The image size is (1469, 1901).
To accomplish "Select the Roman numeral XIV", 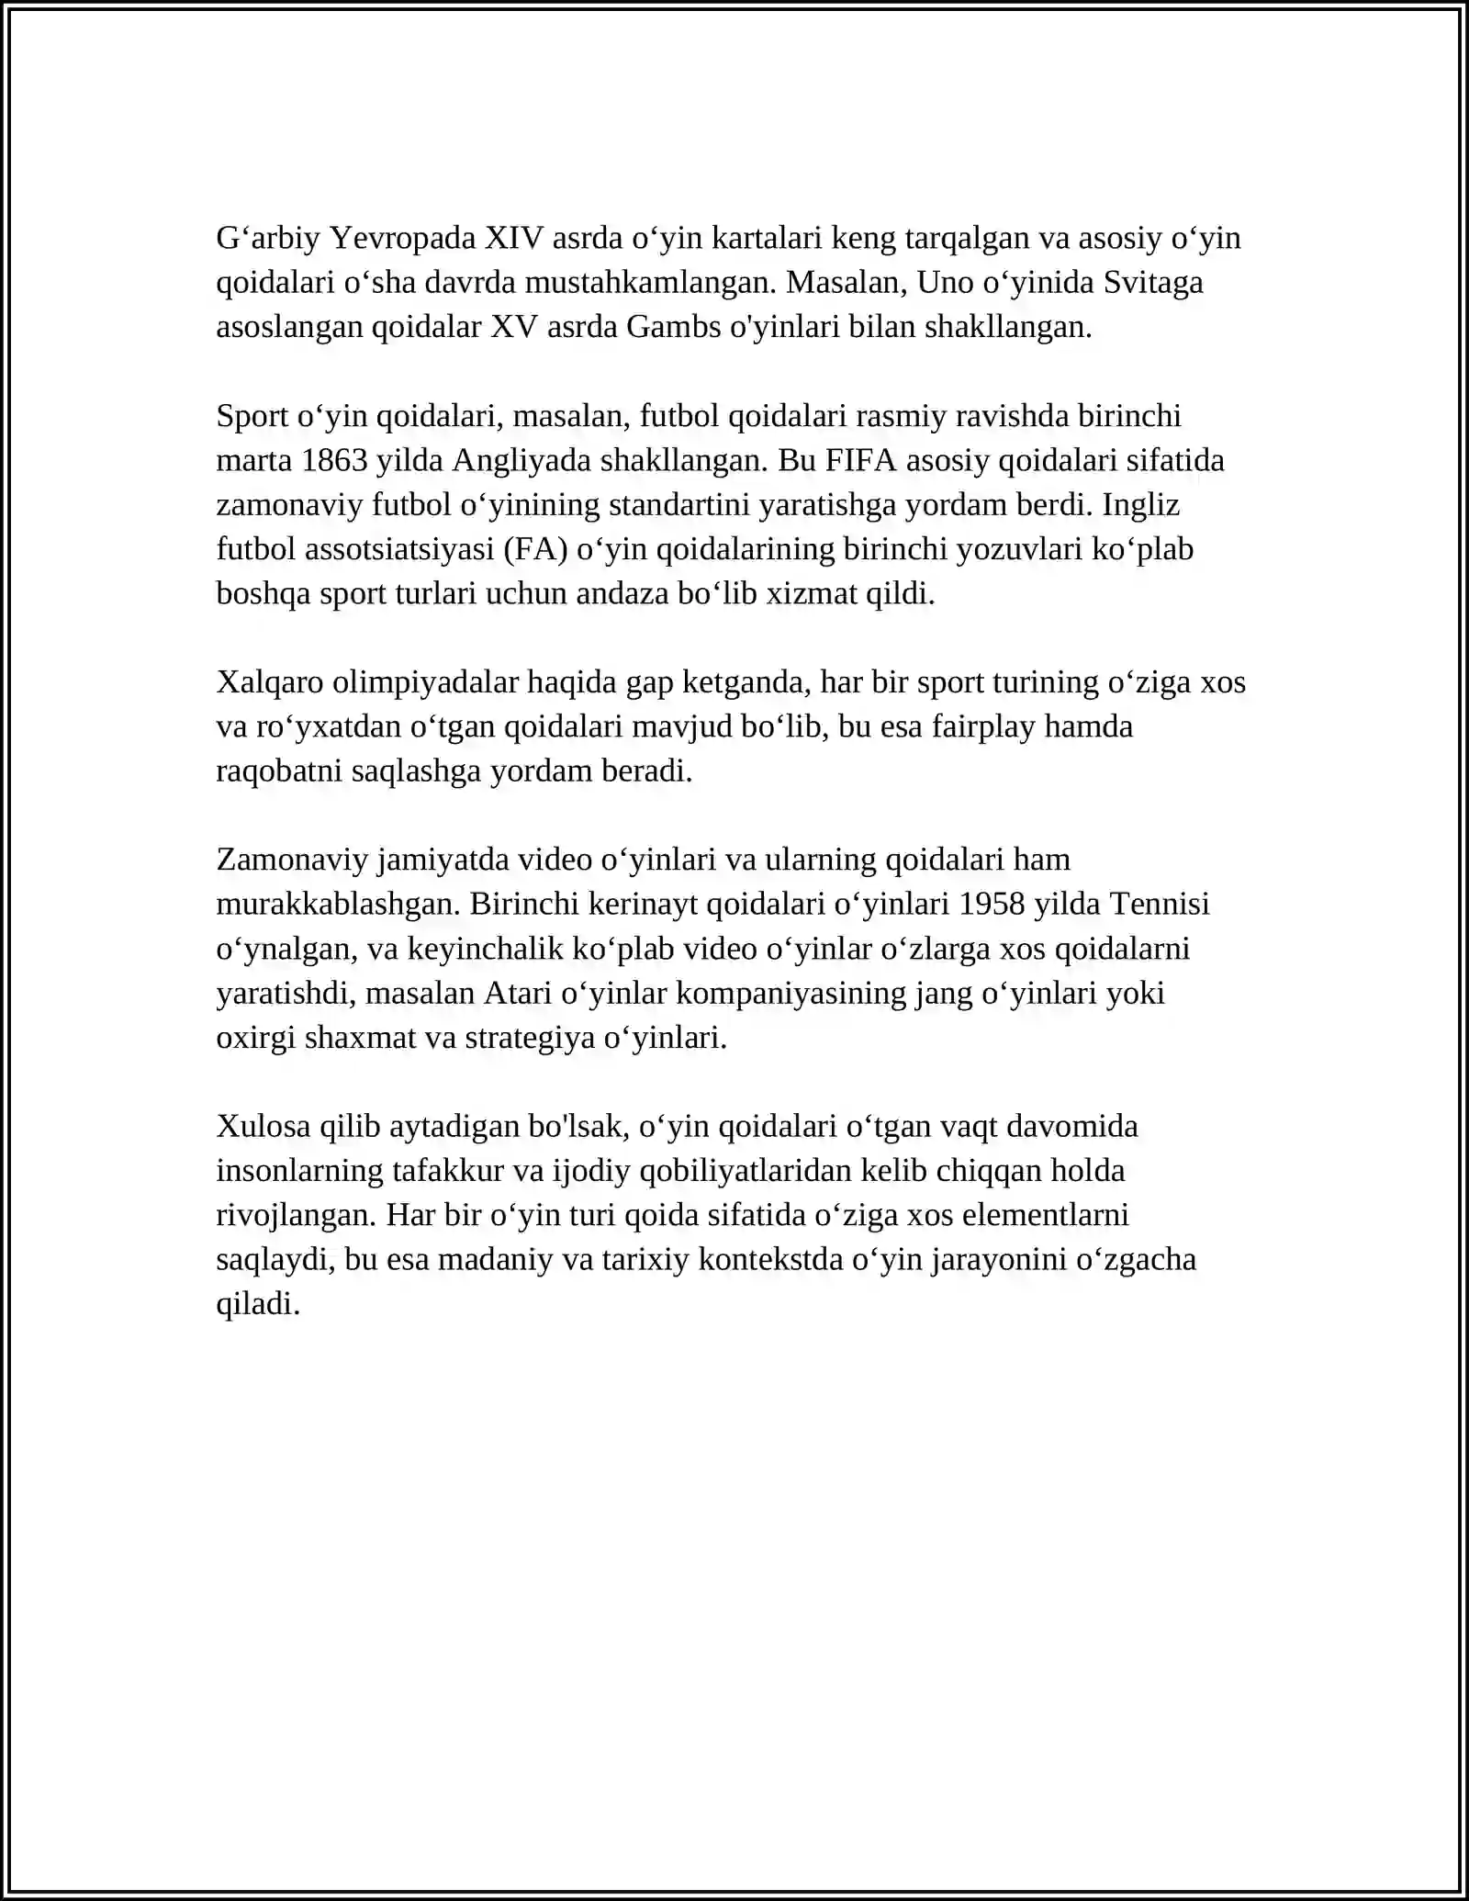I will click(x=513, y=239).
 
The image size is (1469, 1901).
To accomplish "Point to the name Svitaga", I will click(x=1153, y=283).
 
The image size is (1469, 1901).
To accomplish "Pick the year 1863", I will click(x=334, y=460).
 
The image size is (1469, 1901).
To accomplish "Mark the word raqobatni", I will click(x=279, y=771).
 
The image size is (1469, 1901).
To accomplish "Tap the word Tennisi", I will click(x=1160, y=905).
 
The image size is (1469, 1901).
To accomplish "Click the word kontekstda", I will click(x=770, y=1260).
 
